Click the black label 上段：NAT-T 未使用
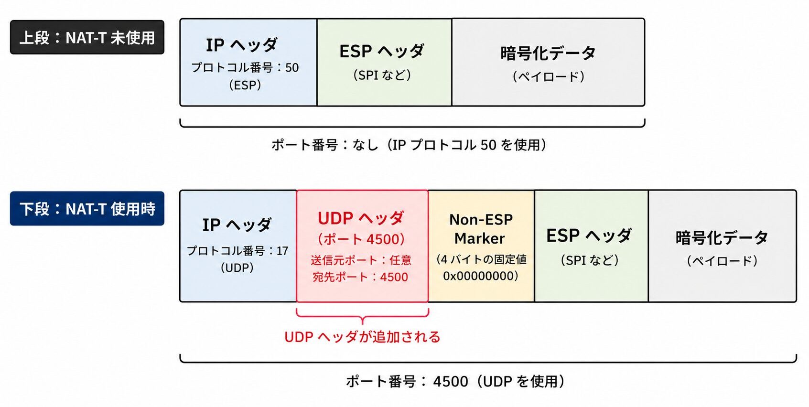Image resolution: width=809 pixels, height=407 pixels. point(87,37)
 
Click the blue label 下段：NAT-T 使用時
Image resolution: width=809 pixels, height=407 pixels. point(87,208)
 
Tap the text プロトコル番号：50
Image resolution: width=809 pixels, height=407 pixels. point(245,67)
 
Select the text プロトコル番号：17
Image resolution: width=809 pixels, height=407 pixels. point(237,251)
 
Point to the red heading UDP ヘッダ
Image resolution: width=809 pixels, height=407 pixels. point(360,218)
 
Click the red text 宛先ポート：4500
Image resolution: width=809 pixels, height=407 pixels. point(360,277)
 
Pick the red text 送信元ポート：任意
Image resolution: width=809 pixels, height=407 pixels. point(361,260)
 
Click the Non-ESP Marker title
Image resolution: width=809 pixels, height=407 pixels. point(481,229)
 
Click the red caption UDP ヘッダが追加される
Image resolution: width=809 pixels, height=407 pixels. point(362,337)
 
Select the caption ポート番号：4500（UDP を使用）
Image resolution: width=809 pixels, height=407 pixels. point(455,381)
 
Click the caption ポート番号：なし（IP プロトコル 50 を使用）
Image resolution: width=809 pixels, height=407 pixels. point(409,145)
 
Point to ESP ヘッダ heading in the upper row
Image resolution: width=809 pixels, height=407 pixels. point(382,51)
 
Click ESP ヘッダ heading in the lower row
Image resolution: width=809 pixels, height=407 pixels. point(589,236)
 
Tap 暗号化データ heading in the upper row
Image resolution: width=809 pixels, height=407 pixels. point(548,53)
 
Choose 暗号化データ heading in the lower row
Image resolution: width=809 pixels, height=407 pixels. point(722,237)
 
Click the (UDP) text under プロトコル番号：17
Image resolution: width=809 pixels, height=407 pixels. point(237,268)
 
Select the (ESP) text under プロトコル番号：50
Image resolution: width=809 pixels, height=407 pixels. point(245,85)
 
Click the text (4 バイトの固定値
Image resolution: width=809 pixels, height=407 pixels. point(481,259)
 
